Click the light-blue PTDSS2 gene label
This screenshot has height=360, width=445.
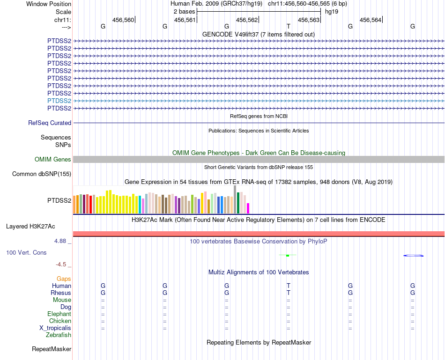(59, 101)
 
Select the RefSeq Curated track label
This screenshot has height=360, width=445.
(50, 123)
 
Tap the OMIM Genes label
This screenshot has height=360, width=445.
(53, 160)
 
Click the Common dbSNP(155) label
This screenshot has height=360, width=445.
(41, 174)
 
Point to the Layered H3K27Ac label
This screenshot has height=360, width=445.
(30, 227)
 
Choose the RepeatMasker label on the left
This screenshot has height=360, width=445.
(52, 349)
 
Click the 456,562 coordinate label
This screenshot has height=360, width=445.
(247, 20)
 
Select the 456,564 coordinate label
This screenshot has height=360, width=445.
(371, 20)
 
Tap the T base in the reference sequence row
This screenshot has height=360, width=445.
(289, 27)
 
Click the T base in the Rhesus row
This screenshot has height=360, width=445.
(289, 293)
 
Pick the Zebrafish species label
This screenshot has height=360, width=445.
(59, 335)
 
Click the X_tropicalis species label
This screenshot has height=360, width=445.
(55, 328)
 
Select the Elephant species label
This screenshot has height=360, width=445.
(59, 314)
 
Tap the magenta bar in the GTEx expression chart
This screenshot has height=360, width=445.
(248, 208)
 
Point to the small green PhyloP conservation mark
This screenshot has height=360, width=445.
(288, 255)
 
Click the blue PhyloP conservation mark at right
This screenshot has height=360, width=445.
(413, 255)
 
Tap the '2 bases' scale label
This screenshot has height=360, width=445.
(183, 11)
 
